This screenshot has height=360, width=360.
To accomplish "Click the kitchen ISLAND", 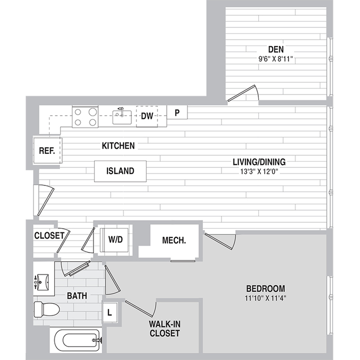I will point(120,171).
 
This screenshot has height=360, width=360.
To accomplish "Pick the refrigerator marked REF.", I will point(46,151).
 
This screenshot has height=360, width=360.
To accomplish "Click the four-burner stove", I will point(85,116).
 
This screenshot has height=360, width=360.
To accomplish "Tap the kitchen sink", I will point(122,116).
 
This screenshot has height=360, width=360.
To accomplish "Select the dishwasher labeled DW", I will point(147,116).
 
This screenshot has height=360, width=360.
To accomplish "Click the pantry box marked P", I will point(177,113).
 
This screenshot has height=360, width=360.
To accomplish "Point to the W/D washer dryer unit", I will point(116,240).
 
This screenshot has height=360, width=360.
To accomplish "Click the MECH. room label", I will point(174,241).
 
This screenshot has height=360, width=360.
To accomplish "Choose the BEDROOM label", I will point(265,288).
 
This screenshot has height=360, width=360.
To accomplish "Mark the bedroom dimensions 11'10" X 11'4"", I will point(265,298).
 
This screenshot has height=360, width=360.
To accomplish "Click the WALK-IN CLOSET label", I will point(164,329).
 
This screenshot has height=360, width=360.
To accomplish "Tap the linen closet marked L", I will point(110,312).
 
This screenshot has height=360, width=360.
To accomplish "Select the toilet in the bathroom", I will point(46,309).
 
